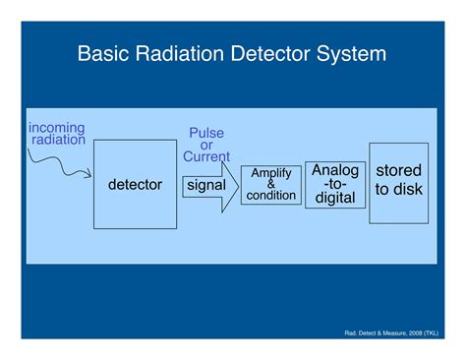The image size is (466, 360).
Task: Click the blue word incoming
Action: click(x=56, y=128)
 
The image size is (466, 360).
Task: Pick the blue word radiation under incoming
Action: click(x=58, y=140)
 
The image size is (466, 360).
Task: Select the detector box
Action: click(x=135, y=185)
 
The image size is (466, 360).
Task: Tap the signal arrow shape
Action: click(x=209, y=185)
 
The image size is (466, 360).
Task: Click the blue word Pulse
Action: click(x=206, y=133)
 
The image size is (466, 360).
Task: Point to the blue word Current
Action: click(x=206, y=156)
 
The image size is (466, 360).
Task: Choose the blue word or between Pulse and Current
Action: click(x=206, y=145)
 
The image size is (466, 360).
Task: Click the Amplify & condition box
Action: click(x=270, y=185)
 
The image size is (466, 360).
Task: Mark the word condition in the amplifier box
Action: click(x=270, y=195)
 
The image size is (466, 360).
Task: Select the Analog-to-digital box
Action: click(x=334, y=184)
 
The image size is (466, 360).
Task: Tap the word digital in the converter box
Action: click(x=334, y=198)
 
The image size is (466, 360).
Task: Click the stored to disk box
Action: click(x=398, y=182)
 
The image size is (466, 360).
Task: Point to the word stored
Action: click(x=398, y=171)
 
